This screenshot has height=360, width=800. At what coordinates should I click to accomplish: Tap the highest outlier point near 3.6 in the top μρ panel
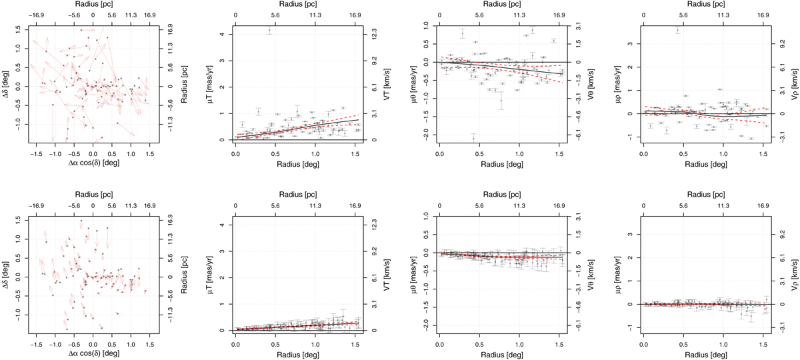point(677,31)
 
